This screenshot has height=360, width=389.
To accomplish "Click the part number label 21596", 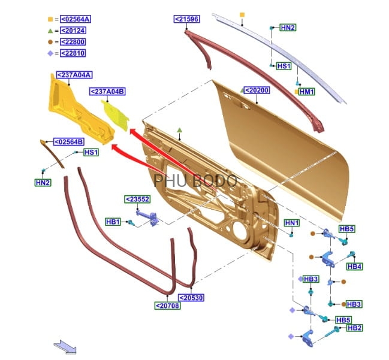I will coord(186,19).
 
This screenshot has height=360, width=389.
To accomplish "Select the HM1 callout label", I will coord(307,92).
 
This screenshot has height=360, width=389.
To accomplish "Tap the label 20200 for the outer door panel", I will coord(257,90).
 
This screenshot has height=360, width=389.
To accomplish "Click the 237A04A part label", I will coord(74,75).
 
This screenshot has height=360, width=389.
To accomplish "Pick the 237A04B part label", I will coord(107,91).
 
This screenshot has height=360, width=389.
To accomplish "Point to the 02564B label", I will coord(69,142).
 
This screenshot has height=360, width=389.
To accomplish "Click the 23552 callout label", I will coord(137,199).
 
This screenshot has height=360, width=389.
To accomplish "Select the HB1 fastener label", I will coord(113,222).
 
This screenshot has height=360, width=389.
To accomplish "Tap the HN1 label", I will coord(291,223).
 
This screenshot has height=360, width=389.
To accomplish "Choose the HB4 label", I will coord(354,267).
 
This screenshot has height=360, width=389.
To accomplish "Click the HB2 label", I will coord(354,328).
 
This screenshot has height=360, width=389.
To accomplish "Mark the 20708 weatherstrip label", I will coord(167,305).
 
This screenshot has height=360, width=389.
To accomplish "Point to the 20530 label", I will coord(191,298).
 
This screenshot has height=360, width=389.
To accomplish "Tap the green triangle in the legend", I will coord(50,31).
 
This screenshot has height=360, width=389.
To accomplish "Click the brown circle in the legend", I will coord(50,42).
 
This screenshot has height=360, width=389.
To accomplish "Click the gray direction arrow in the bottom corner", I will coord(63,346).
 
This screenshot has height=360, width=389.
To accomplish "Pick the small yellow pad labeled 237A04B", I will coord(116,116).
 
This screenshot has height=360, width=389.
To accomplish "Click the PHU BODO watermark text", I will coord(195,180).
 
